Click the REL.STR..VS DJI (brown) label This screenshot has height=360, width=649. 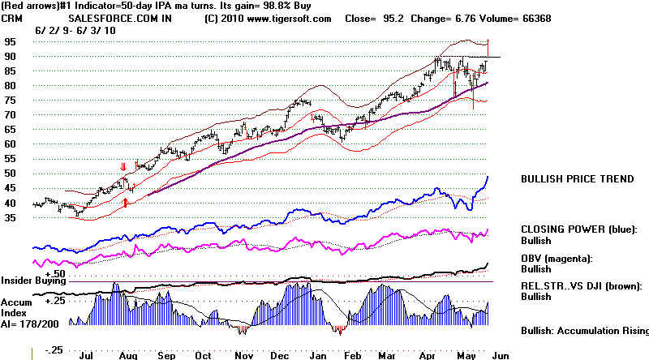(x=583, y=286)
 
